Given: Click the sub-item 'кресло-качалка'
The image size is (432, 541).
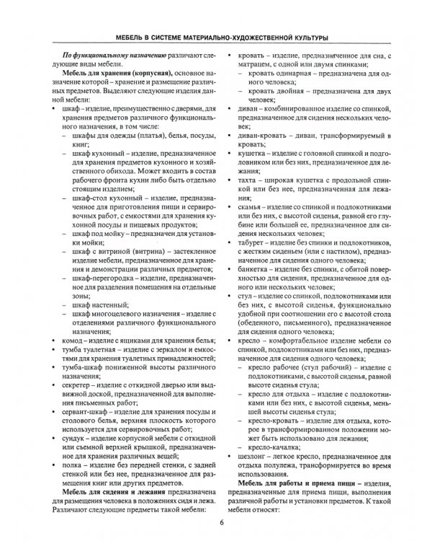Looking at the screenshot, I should (x=279, y=446).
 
